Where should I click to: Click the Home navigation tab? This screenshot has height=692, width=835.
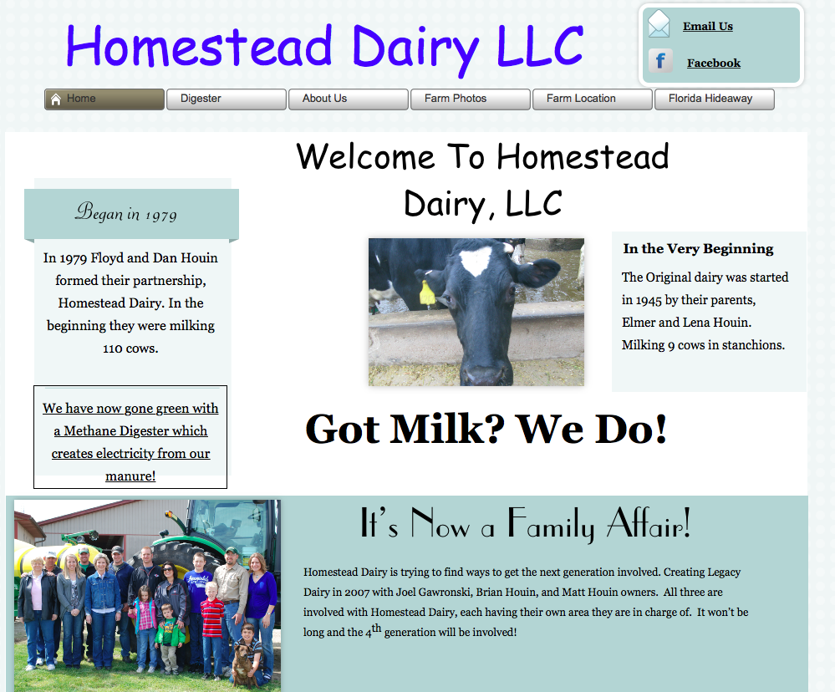tap(104, 99)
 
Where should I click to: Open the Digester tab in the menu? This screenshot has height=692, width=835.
tap(227, 99)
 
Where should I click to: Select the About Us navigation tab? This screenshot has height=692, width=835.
tap(349, 99)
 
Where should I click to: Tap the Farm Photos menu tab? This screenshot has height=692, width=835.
tap(471, 99)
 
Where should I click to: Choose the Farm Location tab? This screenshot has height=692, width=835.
tap(592, 99)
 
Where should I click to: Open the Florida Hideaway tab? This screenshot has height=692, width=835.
tap(714, 99)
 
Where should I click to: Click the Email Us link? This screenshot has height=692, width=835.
tap(708, 26)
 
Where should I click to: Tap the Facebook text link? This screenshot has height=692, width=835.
tap(714, 63)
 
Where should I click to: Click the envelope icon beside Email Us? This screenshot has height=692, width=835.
tap(659, 24)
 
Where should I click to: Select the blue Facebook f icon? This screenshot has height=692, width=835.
tap(660, 61)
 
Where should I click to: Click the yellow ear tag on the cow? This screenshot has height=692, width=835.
tap(427, 293)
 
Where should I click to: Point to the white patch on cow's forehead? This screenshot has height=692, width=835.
tap(476, 262)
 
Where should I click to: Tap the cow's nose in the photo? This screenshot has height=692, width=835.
tap(484, 373)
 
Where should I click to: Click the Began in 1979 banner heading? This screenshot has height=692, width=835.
tap(125, 212)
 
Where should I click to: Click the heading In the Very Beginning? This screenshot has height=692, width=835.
tap(698, 248)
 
